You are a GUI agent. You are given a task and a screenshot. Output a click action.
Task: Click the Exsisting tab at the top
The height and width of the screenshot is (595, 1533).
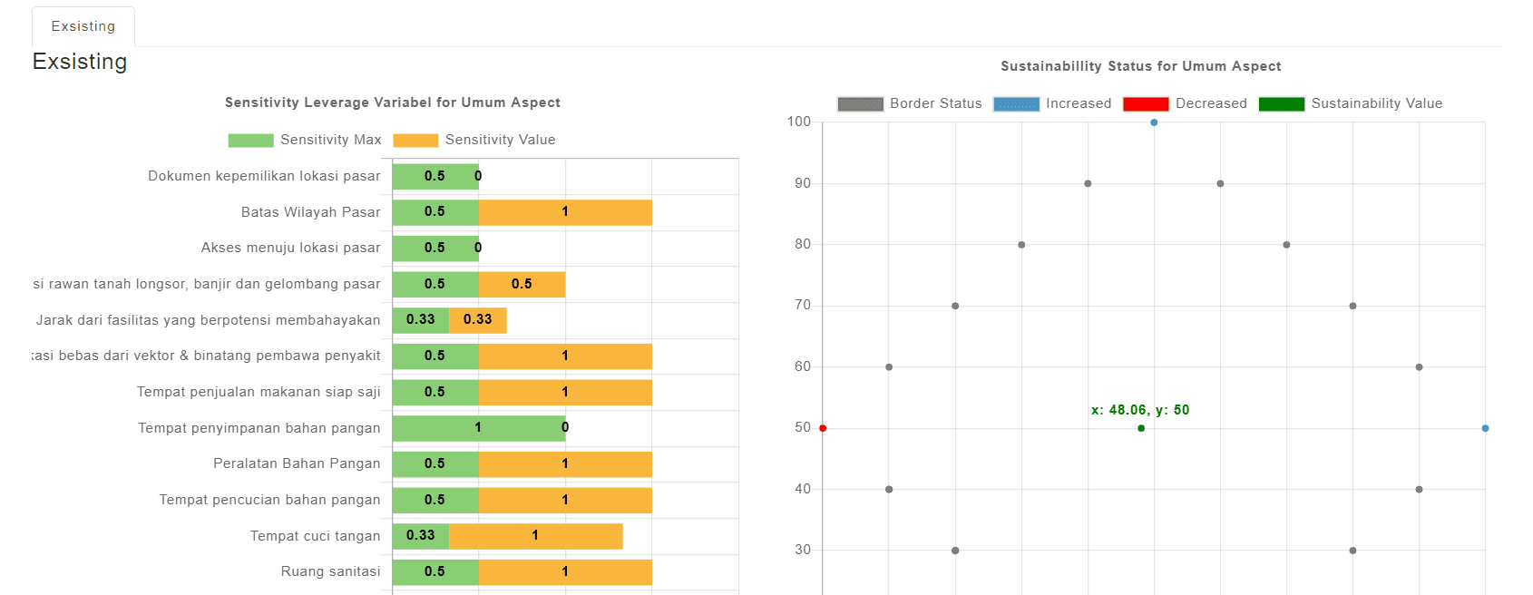pos(83,26)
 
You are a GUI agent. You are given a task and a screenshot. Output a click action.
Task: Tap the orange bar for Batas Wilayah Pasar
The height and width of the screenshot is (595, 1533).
pos(564,212)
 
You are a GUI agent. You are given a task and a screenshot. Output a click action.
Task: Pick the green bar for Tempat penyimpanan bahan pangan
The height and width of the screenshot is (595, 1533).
pos(478,428)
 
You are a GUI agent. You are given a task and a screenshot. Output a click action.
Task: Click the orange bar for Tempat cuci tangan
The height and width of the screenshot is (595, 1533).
pos(535,536)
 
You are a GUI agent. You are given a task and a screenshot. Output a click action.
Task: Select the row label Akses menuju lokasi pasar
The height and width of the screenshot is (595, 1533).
pos(290,248)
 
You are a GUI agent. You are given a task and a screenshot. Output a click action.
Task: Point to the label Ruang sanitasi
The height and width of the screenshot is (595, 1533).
pos(330,571)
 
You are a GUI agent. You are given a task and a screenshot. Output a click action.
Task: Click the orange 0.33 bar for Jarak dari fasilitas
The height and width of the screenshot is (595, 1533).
pos(478,320)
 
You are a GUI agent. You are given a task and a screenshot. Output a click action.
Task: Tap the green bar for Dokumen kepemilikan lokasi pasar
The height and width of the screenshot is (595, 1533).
pos(435,176)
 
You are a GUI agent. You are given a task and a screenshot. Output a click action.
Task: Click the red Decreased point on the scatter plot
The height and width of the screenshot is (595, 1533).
pos(823,428)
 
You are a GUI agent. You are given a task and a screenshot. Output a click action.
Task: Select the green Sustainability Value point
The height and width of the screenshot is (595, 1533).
pos(1141,428)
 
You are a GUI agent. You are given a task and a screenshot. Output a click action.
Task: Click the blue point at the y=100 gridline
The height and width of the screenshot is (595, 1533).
pos(1154,122)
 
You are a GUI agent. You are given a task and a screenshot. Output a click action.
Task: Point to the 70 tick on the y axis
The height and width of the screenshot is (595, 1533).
pos(802,306)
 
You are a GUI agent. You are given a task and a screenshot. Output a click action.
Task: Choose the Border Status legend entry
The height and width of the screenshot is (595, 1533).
pos(909,103)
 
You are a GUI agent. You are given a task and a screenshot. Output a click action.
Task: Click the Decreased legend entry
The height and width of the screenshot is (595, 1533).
pos(1185,103)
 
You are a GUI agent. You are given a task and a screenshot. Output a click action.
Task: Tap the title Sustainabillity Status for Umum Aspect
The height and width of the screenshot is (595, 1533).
pos(1140,66)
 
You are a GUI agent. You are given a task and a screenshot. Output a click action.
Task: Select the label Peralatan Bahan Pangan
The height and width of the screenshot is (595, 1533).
pos(297,463)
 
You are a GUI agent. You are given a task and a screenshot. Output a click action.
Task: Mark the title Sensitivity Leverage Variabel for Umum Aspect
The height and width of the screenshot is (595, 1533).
pos(392,102)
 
